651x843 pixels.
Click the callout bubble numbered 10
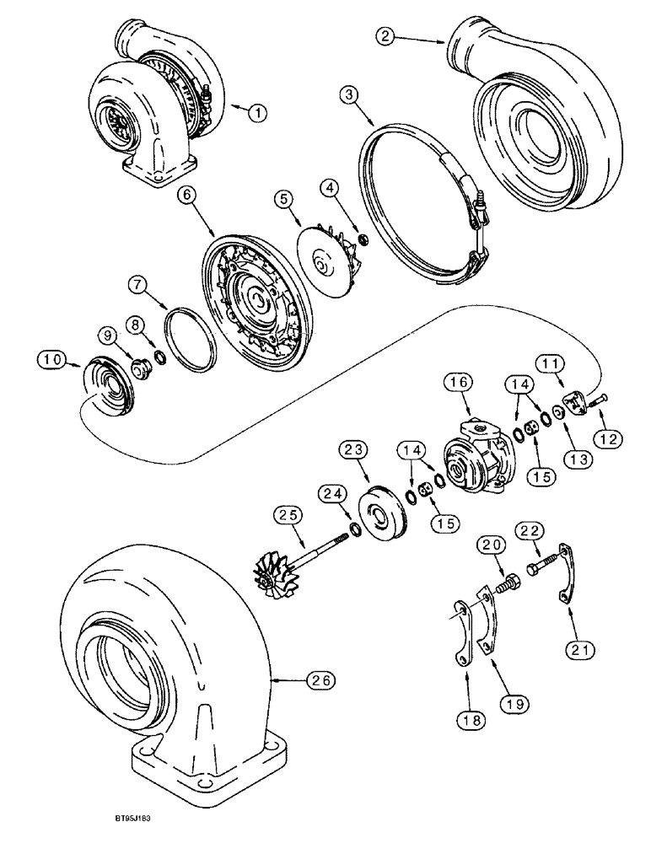[x=51, y=360]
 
